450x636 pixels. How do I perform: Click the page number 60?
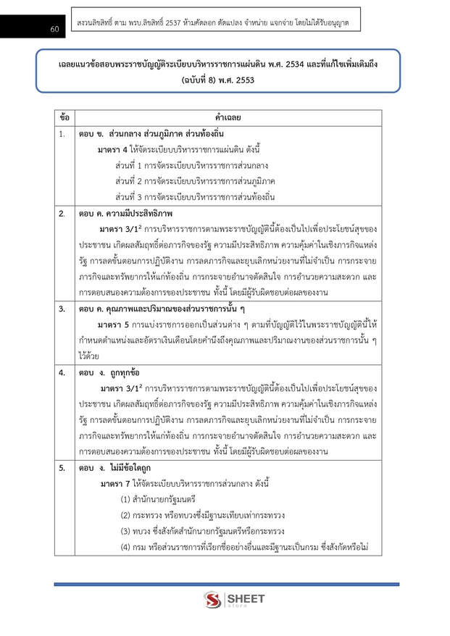coord(34,29)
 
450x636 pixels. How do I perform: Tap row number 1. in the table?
coord(63,134)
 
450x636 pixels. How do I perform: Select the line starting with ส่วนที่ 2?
coord(195,180)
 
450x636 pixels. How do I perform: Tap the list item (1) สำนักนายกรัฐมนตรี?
coord(158,499)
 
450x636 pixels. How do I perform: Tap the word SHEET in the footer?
coord(246,598)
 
